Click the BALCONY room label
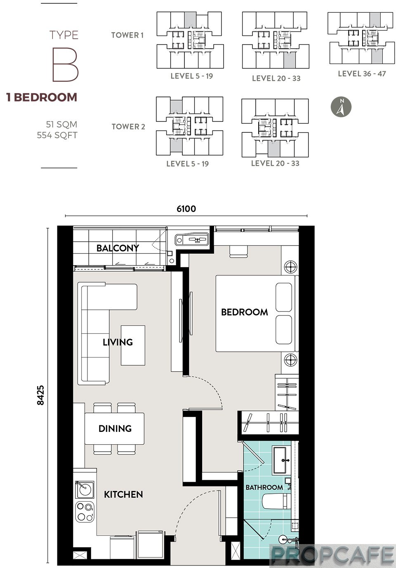tap(118, 248)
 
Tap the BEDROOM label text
tap(244, 312)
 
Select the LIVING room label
tap(118, 342)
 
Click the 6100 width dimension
tap(186, 209)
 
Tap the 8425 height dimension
tap(40, 395)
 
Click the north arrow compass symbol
tap(341, 107)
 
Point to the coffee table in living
tap(133, 345)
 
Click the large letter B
tap(65, 65)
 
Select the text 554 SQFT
tap(57, 135)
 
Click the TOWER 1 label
tap(127, 35)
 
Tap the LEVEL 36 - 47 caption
tap(362, 74)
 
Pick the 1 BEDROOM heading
tap(42, 97)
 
